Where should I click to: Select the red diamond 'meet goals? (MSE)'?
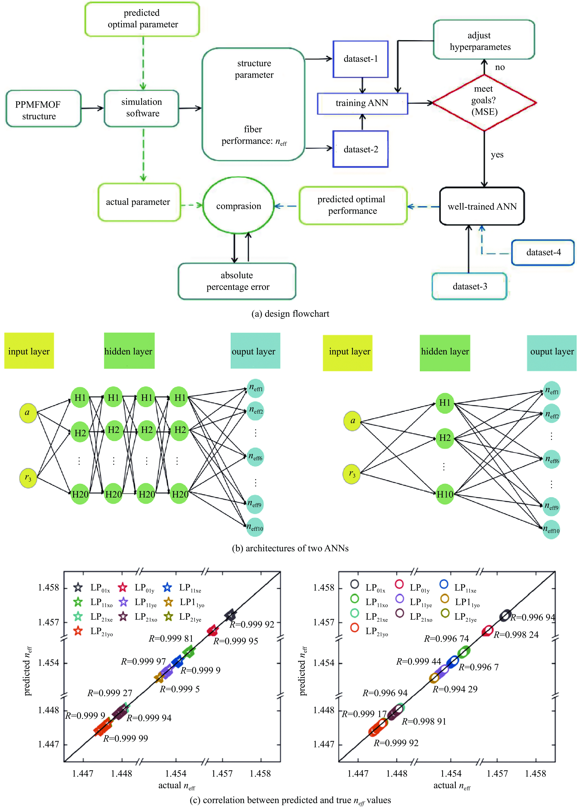click(484, 103)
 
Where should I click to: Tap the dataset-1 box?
click(361, 59)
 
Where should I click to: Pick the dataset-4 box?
click(543, 253)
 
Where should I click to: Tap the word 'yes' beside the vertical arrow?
click(497, 155)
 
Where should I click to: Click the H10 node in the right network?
click(445, 494)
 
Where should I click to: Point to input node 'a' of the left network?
click(28, 413)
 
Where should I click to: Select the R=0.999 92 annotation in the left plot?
click(252, 624)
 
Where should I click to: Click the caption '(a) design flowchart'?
click(290, 314)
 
